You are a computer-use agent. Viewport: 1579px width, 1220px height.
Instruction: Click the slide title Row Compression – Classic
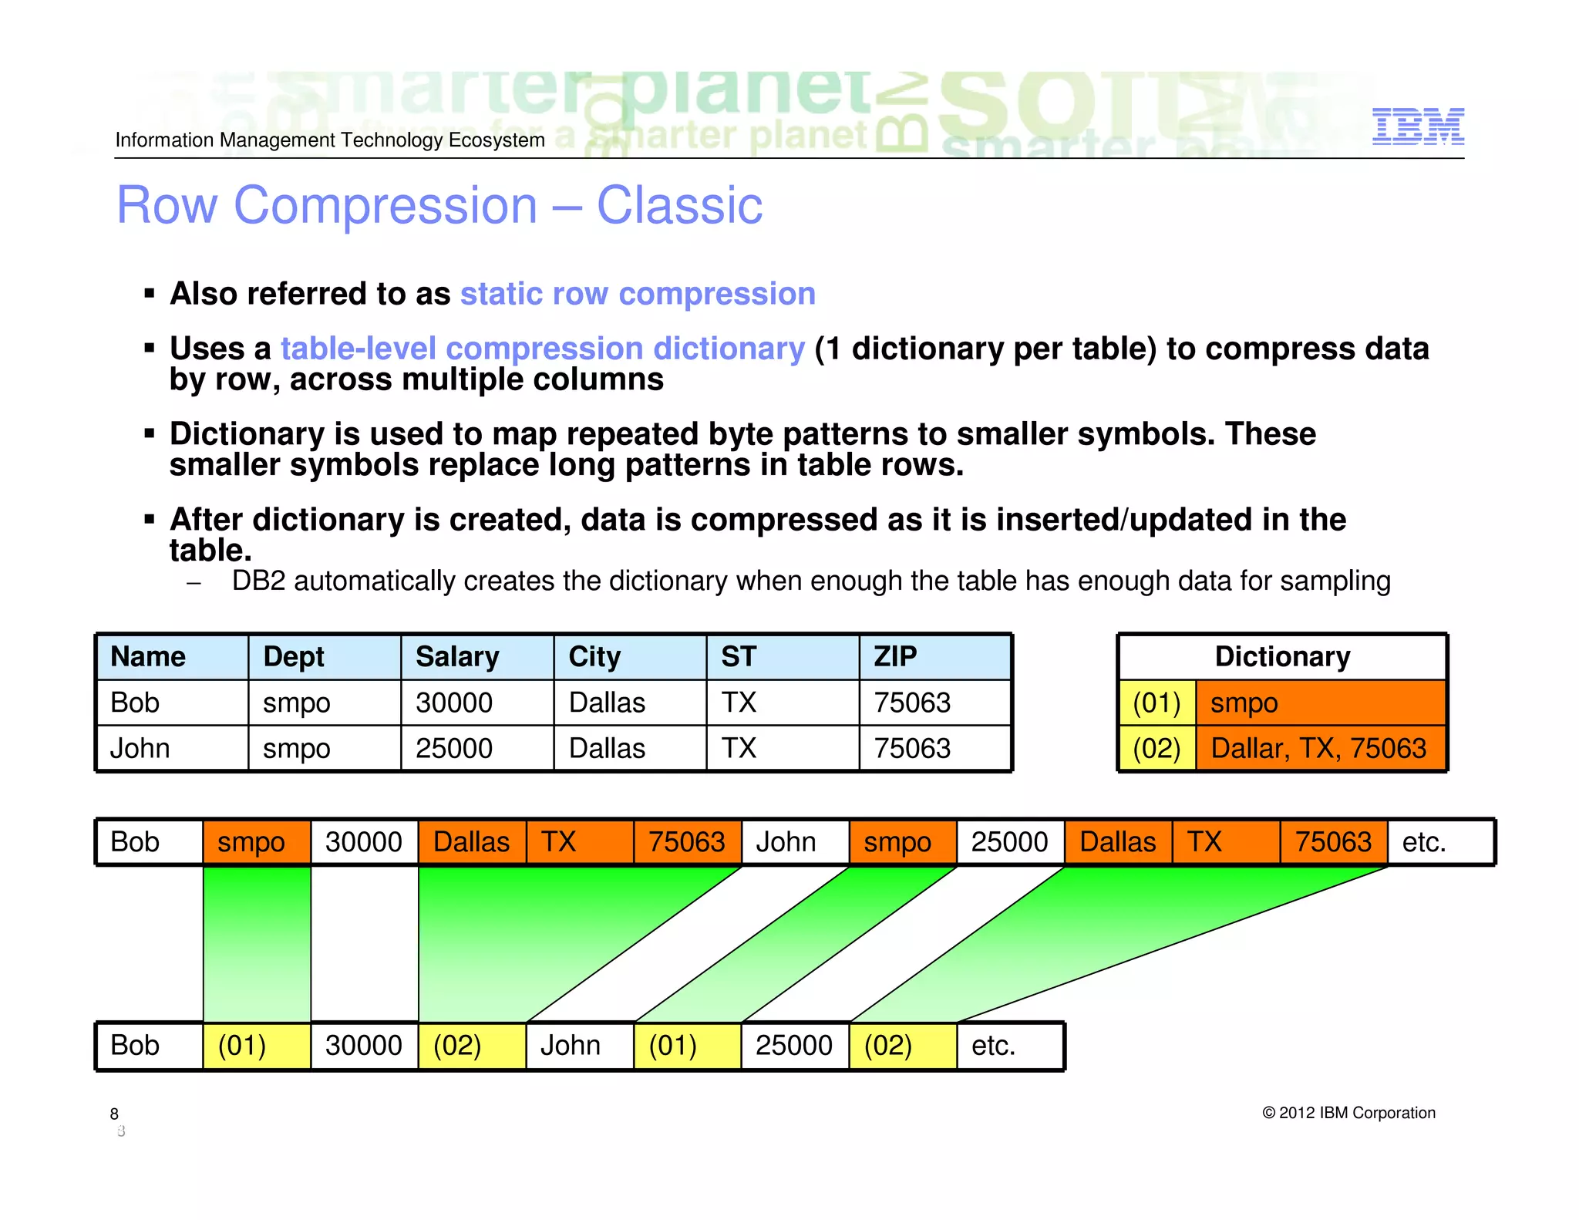point(439,206)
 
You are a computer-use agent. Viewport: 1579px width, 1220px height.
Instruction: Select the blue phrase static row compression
point(637,294)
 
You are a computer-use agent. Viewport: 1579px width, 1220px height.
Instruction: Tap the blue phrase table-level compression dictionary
point(542,349)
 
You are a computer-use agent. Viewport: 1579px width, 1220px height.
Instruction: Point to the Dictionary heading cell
point(1281,657)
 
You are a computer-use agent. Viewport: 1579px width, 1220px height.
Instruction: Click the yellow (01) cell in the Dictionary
point(1156,703)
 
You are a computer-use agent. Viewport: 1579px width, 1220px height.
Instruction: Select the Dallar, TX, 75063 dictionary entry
point(1319,748)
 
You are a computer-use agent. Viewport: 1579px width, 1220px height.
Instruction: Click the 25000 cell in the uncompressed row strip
point(1009,841)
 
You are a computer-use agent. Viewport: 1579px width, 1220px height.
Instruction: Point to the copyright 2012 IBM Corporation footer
point(1348,1113)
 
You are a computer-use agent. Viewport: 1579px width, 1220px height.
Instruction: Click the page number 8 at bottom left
point(114,1114)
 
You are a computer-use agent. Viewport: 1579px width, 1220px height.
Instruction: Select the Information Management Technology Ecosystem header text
point(329,140)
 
